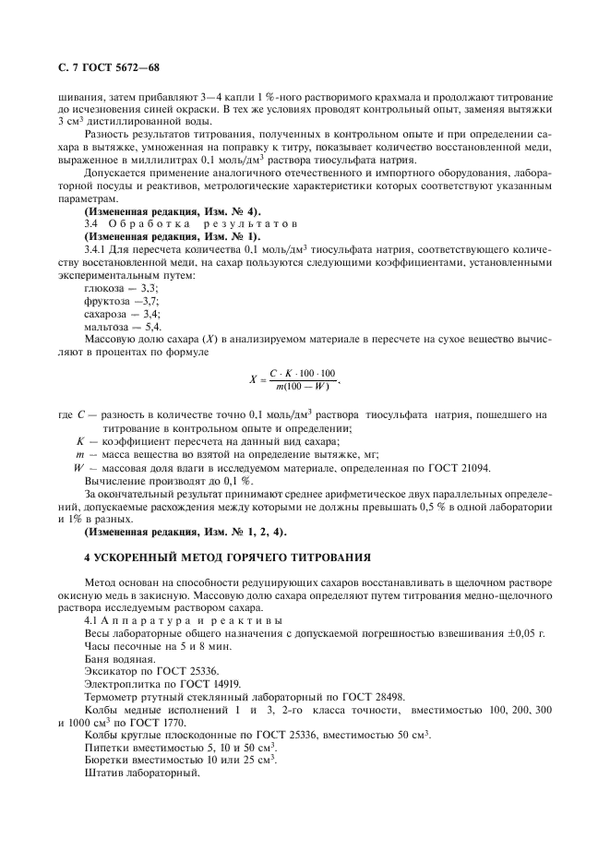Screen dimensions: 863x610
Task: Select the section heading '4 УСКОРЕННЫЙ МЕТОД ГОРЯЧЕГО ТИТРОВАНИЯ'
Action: pos(227,557)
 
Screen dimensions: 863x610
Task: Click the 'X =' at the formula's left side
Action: pos(255,378)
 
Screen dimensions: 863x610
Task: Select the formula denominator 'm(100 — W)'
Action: pos(304,386)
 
